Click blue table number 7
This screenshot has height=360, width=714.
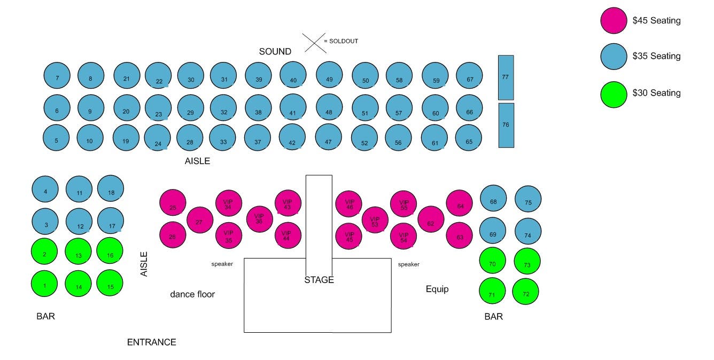pos(57,75)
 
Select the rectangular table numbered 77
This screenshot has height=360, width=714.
pos(506,77)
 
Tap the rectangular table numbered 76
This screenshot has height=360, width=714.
pos(506,125)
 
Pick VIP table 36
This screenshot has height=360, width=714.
pos(259,219)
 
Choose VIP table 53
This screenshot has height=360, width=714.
pos(375,220)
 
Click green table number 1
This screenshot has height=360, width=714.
pos(44,284)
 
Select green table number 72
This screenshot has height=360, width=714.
pos(526,292)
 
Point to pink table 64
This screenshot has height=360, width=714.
pos(459,204)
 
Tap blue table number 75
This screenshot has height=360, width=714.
pos(528,199)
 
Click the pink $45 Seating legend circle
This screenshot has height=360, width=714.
pos(614,20)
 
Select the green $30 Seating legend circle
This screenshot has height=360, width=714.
pos(614,95)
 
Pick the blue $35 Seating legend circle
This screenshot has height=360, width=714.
pos(614,57)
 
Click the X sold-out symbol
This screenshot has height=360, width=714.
pos(314,43)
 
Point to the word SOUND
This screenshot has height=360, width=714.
pos(275,52)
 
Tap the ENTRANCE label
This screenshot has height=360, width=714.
pos(151,342)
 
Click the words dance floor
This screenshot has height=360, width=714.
pos(192,294)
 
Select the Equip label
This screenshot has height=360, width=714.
pos(437,289)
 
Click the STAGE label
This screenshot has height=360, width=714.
pos(319,280)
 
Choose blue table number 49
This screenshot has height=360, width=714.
pos(329,75)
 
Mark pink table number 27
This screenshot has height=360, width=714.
pos(200,220)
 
